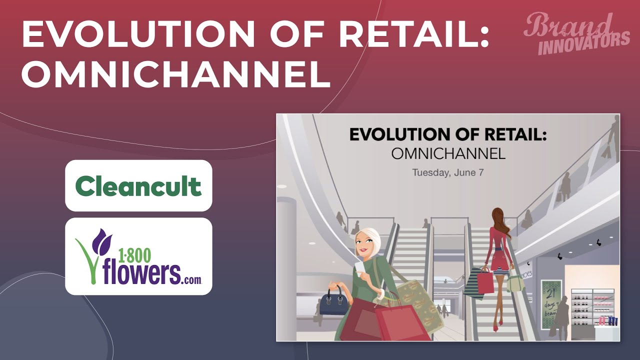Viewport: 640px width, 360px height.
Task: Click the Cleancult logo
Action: click(x=138, y=185)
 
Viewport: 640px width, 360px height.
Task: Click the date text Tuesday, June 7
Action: click(x=448, y=172)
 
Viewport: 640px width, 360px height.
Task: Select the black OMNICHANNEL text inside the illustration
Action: click(x=448, y=153)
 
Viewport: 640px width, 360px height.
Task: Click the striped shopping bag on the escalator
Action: click(x=473, y=283)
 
